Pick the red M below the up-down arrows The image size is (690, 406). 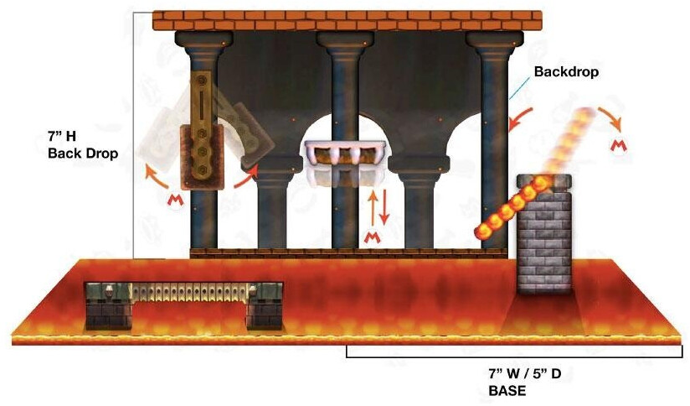coord(373,238)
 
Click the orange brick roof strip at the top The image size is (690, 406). coord(348,20)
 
